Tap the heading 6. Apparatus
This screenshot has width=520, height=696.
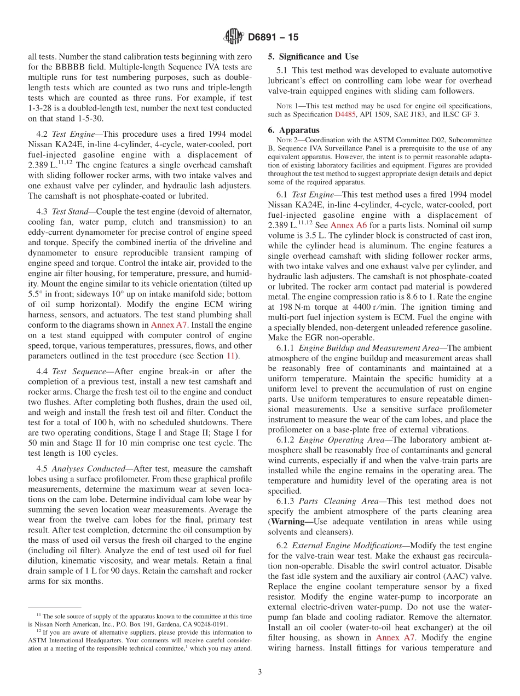point(293,130)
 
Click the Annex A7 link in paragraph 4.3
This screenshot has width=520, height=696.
point(169,324)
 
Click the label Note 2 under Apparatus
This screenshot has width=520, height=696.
point(288,140)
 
